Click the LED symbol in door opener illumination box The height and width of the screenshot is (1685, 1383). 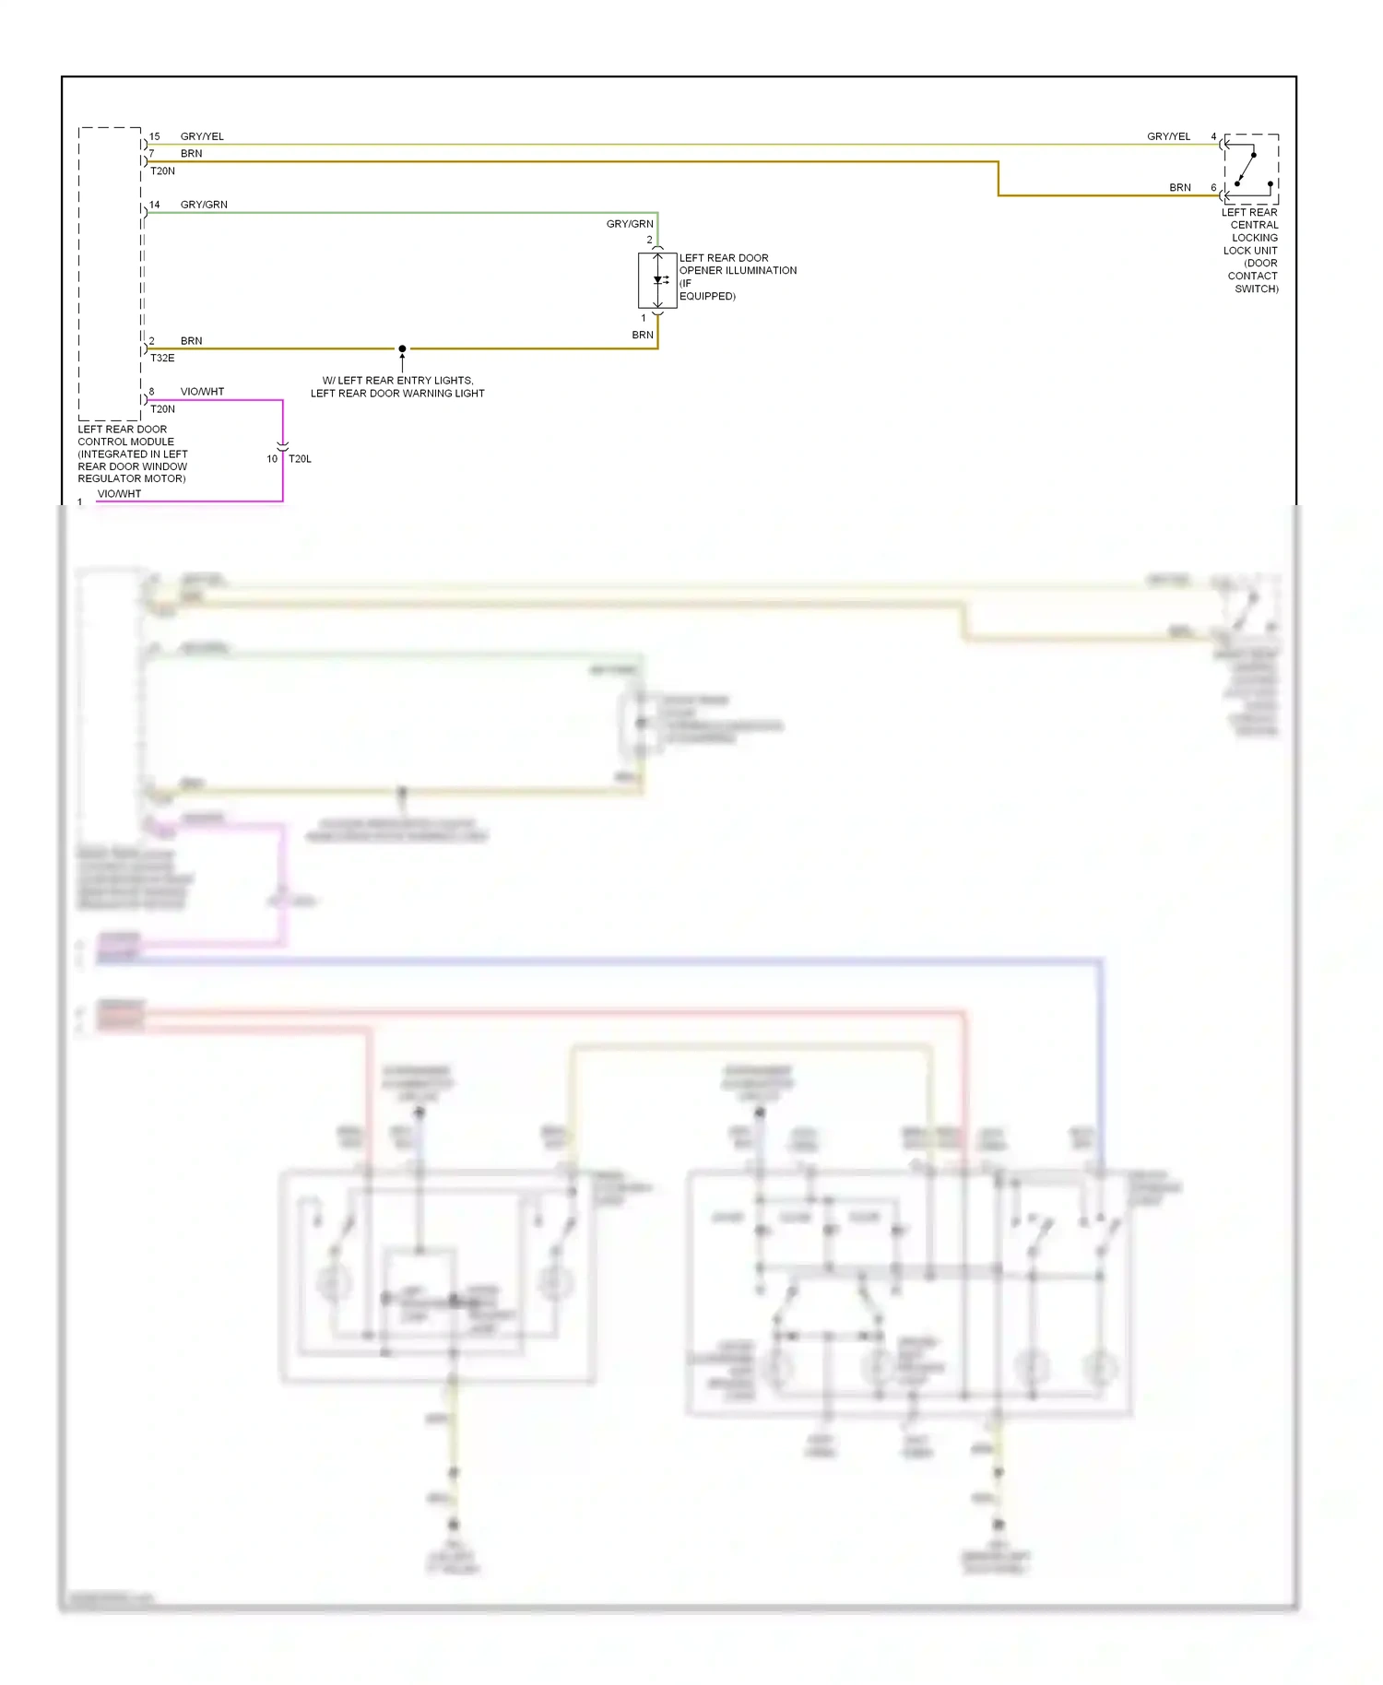tap(659, 280)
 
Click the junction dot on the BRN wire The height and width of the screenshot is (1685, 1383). tap(402, 348)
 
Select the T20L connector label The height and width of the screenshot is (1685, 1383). tap(300, 459)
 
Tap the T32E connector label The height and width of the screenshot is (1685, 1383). tap(162, 359)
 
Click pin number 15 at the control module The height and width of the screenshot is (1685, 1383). tap(155, 136)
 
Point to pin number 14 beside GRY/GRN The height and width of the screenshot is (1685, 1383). tap(155, 205)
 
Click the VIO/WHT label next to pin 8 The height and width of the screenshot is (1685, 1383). tap(202, 392)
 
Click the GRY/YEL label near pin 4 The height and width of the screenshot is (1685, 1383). tap(1168, 136)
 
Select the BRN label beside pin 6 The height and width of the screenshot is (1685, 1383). tap(1180, 188)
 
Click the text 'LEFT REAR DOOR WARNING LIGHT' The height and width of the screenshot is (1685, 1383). tap(397, 394)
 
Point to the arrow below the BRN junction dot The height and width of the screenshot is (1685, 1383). tap(402, 362)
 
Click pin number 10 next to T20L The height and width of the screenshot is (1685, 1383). tap(272, 459)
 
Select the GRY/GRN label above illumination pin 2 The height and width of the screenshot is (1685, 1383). tap(630, 224)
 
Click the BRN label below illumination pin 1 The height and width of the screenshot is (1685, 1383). tap(643, 336)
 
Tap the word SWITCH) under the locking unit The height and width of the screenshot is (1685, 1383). tap(1256, 289)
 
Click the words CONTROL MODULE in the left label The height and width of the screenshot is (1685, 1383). tap(125, 442)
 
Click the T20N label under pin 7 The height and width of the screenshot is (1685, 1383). tap(162, 171)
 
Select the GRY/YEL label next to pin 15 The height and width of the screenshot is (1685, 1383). tap(202, 136)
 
